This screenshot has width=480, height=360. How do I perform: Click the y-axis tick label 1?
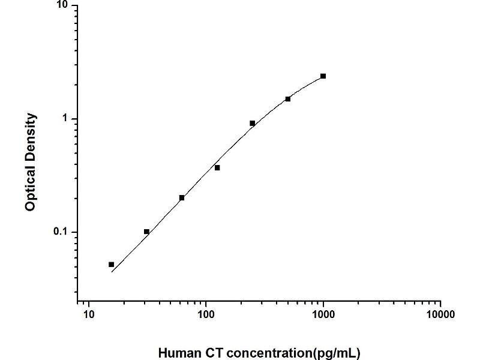pyautogui.click(x=67, y=119)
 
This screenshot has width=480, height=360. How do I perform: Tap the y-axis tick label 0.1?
pyautogui.click(x=62, y=232)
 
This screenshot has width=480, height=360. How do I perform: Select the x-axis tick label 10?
pyautogui.click(x=89, y=314)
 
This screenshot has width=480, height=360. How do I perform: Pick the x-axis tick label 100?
pyautogui.click(x=206, y=314)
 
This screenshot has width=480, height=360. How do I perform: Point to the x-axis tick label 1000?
pyautogui.click(x=323, y=314)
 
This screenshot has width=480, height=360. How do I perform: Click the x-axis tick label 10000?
pyautogui.click(x=440, y=314)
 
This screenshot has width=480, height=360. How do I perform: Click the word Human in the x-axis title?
pyautogui.click(x=176, y=353)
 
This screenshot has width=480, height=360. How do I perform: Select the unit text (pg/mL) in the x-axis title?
pyautogui.click(x=339, y=353)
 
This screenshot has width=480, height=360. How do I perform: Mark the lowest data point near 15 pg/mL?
pyautogui.click(x=111, y=265)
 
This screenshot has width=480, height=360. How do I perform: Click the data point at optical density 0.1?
pyautogui.click(x=146, y=232)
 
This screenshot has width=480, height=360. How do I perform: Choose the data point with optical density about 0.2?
pyautogui.click(x=182, y=197)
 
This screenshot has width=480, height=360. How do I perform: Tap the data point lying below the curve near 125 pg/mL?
pyautogui.click(x=217, y=167)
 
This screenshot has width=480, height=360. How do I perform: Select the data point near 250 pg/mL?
pyautogui.click(x=253, y=123)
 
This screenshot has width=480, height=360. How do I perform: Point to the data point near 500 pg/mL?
pyautogui.click(x=288, y=99)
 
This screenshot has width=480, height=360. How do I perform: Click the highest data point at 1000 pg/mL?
pyautogui.click(x=323, y=76)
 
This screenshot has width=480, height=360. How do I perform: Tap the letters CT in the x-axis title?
pyautogui.click(x=206, y=353)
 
